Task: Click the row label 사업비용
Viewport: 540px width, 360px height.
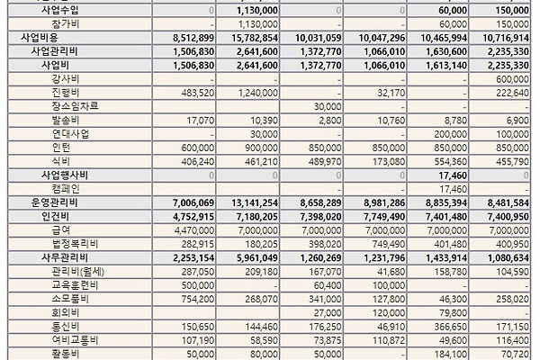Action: click(x=40, y=38)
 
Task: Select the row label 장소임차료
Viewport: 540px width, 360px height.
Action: click(x=75, y=106)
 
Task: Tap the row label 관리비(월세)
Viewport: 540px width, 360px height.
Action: click(x=77, y=272)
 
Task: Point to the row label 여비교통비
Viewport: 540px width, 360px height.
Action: click(x=75, y=340)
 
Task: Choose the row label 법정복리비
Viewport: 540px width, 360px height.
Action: click(x=75, y=244)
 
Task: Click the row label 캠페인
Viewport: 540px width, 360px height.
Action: click(x=66, y=189)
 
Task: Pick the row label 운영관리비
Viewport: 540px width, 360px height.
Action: click(x=54, y=202)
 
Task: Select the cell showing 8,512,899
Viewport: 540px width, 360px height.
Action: click(x=193, y=38)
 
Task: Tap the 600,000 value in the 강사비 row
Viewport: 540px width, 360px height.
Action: click(x=512, y=79)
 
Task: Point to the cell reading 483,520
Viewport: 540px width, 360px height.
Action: click(x=198, y=93)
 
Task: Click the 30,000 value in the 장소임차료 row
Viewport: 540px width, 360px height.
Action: click(x=328, y=107)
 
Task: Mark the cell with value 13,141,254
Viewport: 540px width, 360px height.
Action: click(x=255, y=202)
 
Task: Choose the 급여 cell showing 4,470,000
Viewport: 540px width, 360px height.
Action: click(x=194, y=230)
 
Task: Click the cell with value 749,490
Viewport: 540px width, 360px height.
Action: click(x=389, y=244)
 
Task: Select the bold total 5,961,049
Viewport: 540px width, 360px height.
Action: click(x=257, y=258)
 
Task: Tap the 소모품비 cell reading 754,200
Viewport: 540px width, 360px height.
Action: click(x=198, y=300)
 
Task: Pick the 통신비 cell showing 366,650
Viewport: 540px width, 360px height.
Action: click(x=451, y=327)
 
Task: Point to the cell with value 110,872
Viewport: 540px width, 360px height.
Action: click(x=389, y=341)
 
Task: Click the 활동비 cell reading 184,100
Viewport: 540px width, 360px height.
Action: click(x=452, y=354)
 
